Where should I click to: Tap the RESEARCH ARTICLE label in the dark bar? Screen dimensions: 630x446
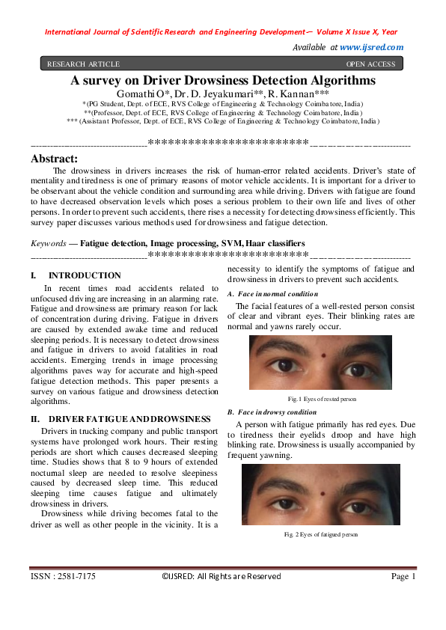click(x=83, y=64)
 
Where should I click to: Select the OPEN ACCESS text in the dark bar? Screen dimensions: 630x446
click(x=371, y=64)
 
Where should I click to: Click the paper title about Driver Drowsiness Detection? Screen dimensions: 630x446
click(x=223, y=79)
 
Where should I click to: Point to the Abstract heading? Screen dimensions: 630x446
click(x=54, y=159)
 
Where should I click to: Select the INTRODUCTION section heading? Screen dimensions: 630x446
click(x=85, y=276)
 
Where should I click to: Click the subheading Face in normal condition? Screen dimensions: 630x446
click(x=272, y=293)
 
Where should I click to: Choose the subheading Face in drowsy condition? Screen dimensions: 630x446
click(x=272, y=412)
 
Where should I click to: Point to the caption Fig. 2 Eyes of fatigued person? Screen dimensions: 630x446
click(x=321, y=535)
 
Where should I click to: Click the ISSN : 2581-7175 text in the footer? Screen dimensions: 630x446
click(x=63, y=576)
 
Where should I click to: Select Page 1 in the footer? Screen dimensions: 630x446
click(x=403, y=576)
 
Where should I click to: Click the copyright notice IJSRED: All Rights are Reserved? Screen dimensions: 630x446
click(x=222, y=576)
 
